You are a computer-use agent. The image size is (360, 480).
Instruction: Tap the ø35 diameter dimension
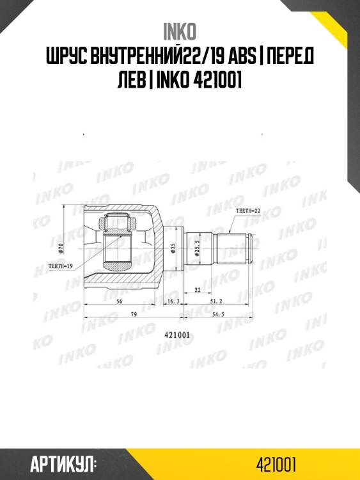[173, 249]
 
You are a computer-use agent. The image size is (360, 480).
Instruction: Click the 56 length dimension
[120, 300]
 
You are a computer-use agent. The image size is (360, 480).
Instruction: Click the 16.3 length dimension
[173, 300]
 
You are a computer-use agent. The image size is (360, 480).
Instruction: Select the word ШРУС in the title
[71, 58]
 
